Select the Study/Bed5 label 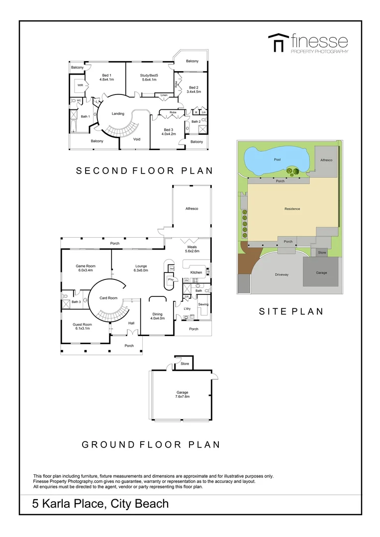tap(149, 77)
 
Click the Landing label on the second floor tap(118, 114)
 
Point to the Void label tap(137, 139)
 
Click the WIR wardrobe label tap(80, 85)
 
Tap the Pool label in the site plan tap(277, 160)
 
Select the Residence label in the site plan tap(292, 209)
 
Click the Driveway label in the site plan tap(282, 274)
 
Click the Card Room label tap(108, 298)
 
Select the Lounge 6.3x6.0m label tap(141, 268)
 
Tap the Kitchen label tap(196, 272)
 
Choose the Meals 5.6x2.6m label tap(192, 249)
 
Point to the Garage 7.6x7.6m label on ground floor tap(182, 394)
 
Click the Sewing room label tap(203, 304)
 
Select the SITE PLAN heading tap(291, 312)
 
